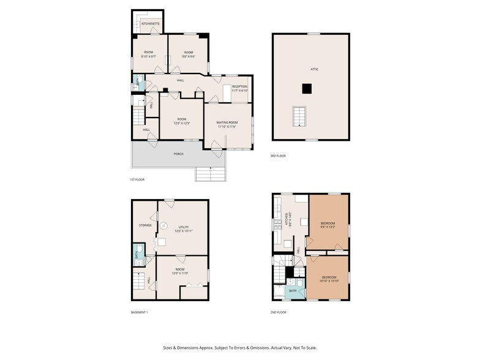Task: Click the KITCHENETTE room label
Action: [x=151, y=24]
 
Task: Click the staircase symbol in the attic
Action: [x=300, y=114]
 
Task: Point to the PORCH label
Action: [x=178, y=154]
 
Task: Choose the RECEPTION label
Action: [x=239, y=87]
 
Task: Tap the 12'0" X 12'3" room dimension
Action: [x=182, y=124]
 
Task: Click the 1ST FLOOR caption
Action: [x=137, y=179]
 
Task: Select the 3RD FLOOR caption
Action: [x=278, y=156]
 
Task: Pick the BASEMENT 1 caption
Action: [x=140, y=312]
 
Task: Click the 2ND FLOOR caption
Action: [x=279, y=312]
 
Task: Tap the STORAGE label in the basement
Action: [x=145, y=225]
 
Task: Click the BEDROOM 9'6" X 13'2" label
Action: [x=328, y=225]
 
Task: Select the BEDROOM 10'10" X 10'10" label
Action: [x=328, y=280]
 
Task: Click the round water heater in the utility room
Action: [x=164, y=225]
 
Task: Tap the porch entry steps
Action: [x=211, y=174]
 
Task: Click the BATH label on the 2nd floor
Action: [x=293, y=291]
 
